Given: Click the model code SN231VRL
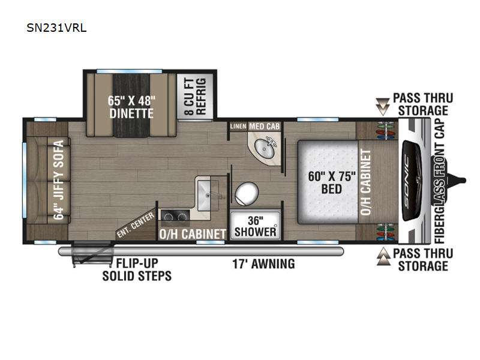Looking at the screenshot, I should [x=56, y=28].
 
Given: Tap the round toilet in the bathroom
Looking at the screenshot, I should [x=245, y=194].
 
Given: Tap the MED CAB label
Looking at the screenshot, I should [x=262, y=127].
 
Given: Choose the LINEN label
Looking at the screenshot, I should [x=238, y=127].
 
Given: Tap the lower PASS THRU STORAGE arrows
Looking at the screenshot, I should [x=382, y=259].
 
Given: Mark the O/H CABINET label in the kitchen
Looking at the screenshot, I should [x=191, y=233].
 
